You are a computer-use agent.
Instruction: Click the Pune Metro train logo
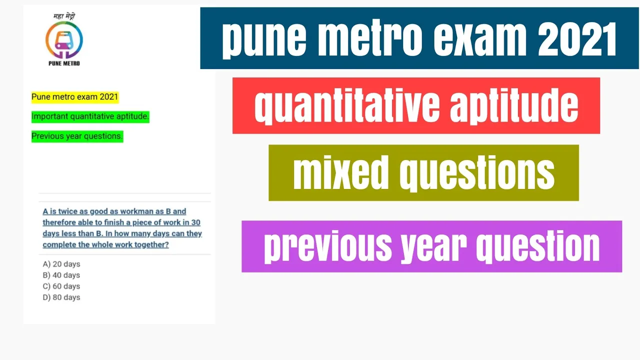pos(64,40)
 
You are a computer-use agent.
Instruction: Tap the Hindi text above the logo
pos(64,16)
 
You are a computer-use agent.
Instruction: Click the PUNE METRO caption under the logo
pos(64,63)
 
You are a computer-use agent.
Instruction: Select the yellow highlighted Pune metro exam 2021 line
pos(75,97)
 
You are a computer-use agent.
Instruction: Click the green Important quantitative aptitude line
pos(90,117)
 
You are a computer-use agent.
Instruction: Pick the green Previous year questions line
pos(77,136)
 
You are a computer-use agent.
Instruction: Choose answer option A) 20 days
pos(61,264)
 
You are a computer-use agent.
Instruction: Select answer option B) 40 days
pos(61,275)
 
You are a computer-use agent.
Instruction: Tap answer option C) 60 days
pos(61,286)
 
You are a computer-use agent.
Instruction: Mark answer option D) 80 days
pos(61,297)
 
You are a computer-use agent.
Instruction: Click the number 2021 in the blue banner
pos(577,39)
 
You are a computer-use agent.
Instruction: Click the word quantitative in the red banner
pos(347,105)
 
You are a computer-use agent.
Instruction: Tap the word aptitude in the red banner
pos(514,105)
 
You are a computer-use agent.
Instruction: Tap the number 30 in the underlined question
pos(196,222)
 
